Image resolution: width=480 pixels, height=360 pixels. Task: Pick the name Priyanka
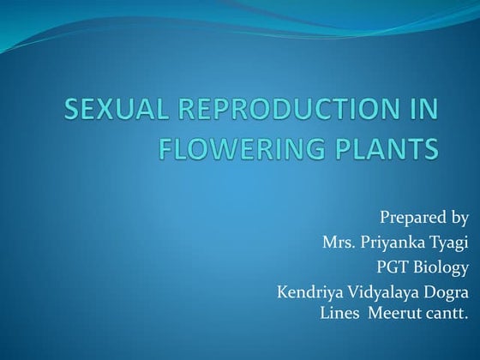click(396, 243)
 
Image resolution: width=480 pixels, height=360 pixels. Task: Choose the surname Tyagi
click(449, 243)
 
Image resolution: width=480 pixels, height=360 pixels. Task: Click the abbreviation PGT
click(387, 268)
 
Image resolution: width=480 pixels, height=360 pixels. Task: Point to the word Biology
click(437, 268)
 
